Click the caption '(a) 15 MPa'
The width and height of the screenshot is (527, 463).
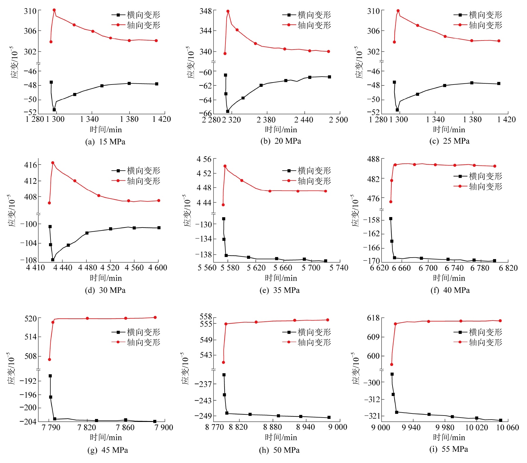[x=105, y=142]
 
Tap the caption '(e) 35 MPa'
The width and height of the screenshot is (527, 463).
[x=279, y=290]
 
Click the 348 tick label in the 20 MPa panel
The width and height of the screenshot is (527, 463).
[x=206, y=11]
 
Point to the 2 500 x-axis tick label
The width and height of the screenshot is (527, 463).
[x=339, y=120]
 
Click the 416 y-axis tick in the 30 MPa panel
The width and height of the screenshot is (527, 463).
[x=31, y=165]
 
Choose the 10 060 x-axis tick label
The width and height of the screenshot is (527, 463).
[x=507, y=427]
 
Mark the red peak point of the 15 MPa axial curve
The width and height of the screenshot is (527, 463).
[x=54, y=10]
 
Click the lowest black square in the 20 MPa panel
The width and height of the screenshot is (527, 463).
[x=228, y=111]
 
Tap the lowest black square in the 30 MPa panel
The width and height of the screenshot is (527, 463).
[x=53, y=260]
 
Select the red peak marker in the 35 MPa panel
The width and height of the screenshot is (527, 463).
[x=225, y=166]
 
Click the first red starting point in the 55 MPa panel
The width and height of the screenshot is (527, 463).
[x=392, y=365]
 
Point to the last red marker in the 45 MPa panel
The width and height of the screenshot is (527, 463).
[x=155, y=318]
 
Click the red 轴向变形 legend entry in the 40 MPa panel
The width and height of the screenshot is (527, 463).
[x=478, y=186]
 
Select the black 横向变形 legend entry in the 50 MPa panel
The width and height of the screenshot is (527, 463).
[x=307, y=332]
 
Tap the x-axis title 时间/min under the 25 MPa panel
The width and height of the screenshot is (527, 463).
[x=449, y=130]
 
